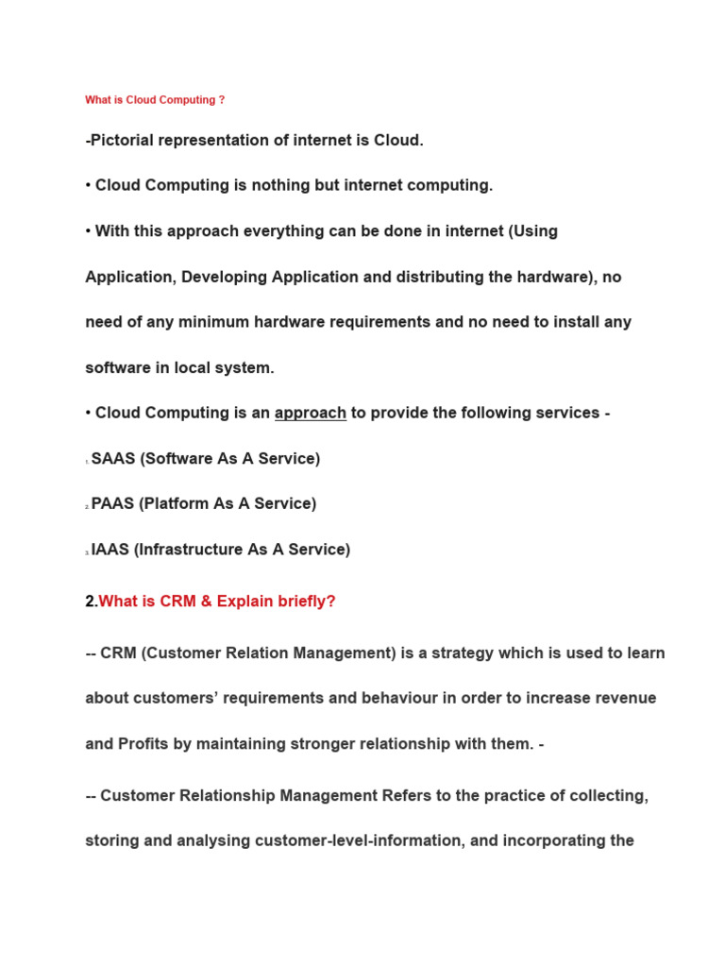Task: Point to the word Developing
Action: [x=224, y=277]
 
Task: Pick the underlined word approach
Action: [x=311, y=413]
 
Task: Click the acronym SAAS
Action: [x=112, y=459]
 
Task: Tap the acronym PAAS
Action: [x=112, y=504]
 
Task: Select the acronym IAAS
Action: [x=110, y=550]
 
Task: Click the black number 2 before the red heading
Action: [x=90, y=602]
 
